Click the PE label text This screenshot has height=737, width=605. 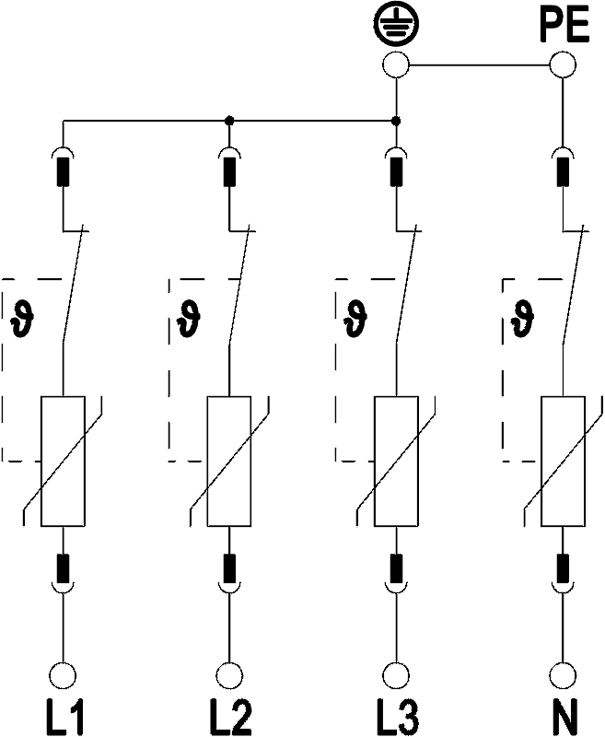click(x=564, y=25)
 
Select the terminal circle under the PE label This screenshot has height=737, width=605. click(x=563, y=64)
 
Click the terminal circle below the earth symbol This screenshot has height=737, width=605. click(x=396, y=64)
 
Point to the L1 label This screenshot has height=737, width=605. click(x=64, y=718)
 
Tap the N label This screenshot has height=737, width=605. click(x=564, y=718)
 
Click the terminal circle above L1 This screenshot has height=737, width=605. click(x=63, y=675)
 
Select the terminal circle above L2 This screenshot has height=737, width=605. click(x=229, y=675)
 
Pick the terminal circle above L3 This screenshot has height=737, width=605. click(x=396, y=675)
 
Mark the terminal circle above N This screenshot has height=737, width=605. click(x=563, y=675)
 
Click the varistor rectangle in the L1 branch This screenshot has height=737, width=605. click(x=63, y=461)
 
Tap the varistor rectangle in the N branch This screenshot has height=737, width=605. click(x=564, y=461)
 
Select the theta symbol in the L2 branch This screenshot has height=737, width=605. click(x=189, y=319)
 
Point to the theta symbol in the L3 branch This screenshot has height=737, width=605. click(x=355, y=319)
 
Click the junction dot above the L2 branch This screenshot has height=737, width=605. click(x=229, y=121)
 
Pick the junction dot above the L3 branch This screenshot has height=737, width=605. click(x=396, y=121)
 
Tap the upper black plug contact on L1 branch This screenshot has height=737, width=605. click(x=63, y=172)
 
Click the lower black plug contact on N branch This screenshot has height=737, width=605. click(x=563, y=568)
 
